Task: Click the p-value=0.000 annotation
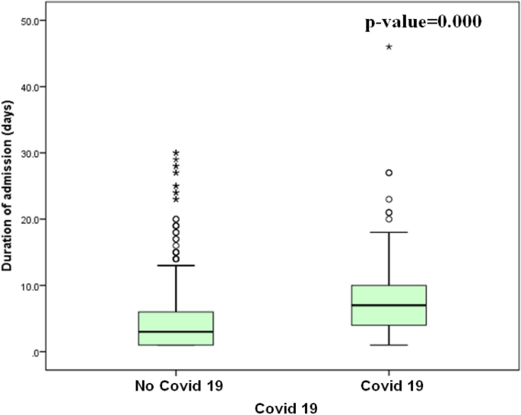point(424,22)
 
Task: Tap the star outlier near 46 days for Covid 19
point(389,47)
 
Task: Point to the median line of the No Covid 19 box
point(176,331)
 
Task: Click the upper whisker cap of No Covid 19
point(176,265)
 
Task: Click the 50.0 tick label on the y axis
point(32,21)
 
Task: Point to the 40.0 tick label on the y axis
point(32,87)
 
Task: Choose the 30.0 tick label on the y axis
point(32,153)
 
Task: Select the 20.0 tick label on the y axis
point(32,219)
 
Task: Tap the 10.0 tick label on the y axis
point(32,286)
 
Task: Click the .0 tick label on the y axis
point(36,352)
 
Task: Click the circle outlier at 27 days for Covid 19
point(389,173)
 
